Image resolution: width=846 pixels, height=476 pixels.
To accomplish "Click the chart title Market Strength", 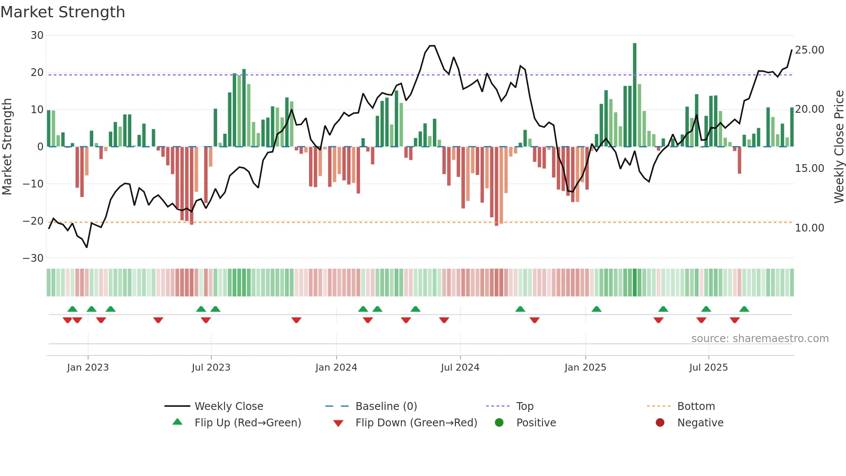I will (x=63, y=12).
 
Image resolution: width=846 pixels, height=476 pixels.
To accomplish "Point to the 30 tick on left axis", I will (x=37, y=35).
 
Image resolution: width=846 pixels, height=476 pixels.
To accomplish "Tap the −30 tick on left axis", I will (x=34, y=258).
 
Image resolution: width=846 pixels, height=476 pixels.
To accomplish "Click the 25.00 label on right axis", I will (x=809, y=50).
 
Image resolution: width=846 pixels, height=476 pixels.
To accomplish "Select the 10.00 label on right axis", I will (x=809, y=228).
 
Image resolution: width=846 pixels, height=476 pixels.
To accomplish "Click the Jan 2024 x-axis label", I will (x=336, y=368).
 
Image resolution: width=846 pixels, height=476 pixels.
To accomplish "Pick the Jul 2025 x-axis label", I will (x=708, y=368).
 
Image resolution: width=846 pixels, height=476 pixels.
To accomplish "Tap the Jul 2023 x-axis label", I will (x=211, y=368).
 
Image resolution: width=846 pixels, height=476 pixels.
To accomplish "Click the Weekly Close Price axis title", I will (x=839, y=147).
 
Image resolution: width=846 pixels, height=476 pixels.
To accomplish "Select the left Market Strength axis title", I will (x=7, y=147).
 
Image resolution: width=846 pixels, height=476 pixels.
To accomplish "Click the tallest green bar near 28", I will (x=634, y=95).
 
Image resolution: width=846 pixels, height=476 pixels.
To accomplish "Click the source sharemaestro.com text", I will (x=760, y=339).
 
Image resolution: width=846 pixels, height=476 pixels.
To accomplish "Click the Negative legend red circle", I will (x=660, y=423).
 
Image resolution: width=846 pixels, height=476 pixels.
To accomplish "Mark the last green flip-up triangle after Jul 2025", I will (x=744, y=309).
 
